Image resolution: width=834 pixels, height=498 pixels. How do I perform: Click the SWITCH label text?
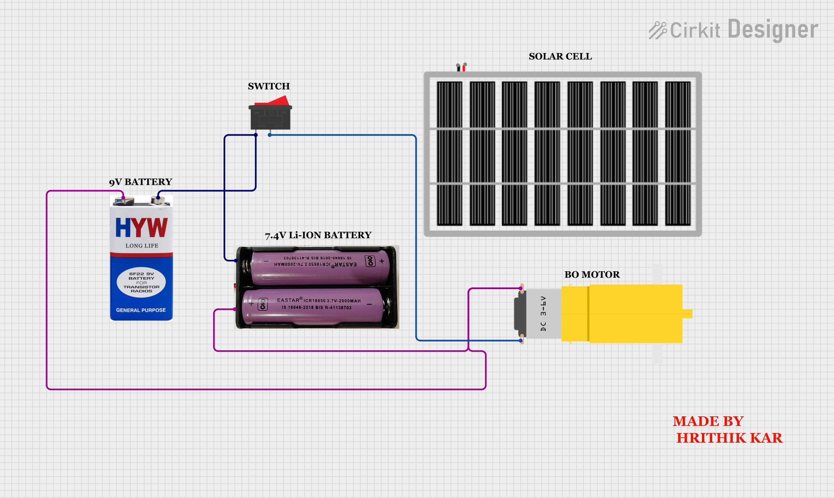coord(269,86)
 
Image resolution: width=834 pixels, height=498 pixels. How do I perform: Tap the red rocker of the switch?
coord(272,101)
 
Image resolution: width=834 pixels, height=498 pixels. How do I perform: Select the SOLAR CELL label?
coord(560,56)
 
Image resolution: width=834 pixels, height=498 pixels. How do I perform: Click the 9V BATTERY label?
coord(141,182)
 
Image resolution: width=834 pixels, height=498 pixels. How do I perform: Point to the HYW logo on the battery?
coord(141,228)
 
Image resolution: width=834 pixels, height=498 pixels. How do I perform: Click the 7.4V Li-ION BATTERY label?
coord(318,235)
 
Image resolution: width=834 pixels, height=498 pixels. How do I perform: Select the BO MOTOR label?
coord(592,274)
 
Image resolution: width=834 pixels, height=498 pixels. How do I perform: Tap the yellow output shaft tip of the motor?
coord(687,314)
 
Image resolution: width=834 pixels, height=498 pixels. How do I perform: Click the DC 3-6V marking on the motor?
coord(543,314)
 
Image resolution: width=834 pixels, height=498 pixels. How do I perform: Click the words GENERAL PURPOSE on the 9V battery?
coord(141,310)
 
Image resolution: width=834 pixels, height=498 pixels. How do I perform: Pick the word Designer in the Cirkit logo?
coord(773,30)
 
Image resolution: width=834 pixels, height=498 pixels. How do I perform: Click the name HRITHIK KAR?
coord(730,438)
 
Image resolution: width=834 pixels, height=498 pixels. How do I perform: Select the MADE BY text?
coord(708,421)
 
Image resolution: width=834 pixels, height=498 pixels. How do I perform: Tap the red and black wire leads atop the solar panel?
coord(461,67)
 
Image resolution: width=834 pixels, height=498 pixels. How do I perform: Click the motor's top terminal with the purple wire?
coord(521,288)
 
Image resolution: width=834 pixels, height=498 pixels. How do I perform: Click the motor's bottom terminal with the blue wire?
coord(521,340)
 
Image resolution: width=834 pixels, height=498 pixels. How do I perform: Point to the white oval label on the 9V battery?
coord(141,282)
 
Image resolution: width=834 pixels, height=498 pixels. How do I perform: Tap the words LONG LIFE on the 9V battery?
coord(142,246)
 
